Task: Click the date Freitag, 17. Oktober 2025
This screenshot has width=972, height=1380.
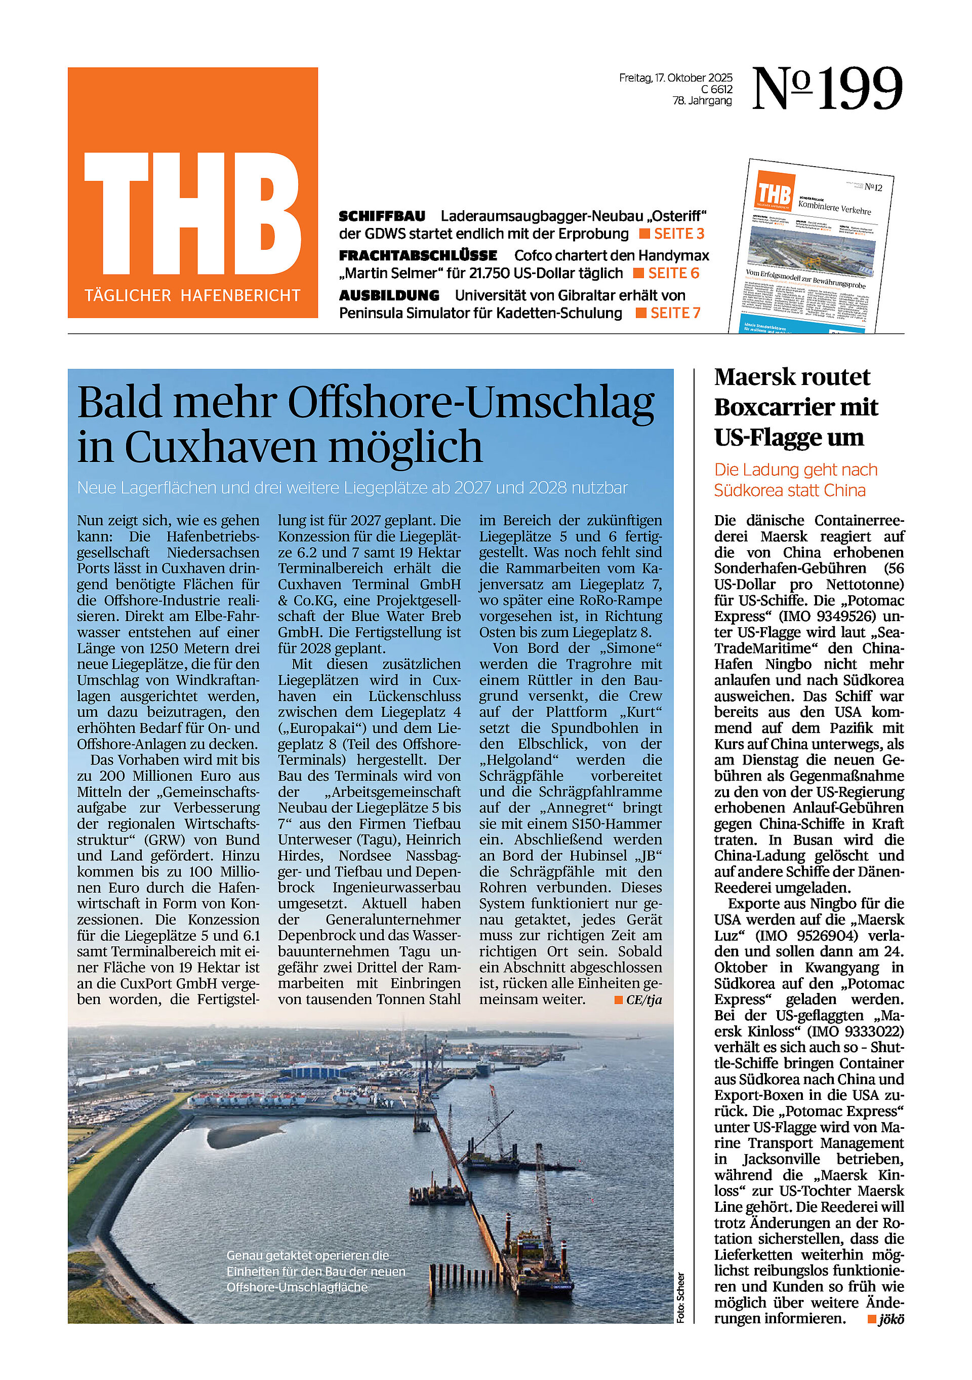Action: [x=675, y=78]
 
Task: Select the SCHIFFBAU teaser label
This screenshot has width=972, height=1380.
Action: [x=382, y=216]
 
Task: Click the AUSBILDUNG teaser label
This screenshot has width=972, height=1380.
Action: [x=389, y=295]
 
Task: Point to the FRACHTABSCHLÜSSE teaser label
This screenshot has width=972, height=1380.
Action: [x=418, y=255]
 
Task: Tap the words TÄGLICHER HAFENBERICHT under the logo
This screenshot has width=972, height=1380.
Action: [x=192, y=296]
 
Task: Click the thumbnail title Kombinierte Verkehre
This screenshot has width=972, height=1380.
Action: [x=834, y=207]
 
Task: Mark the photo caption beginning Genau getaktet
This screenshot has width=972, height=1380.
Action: [x=316, y=1271]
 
